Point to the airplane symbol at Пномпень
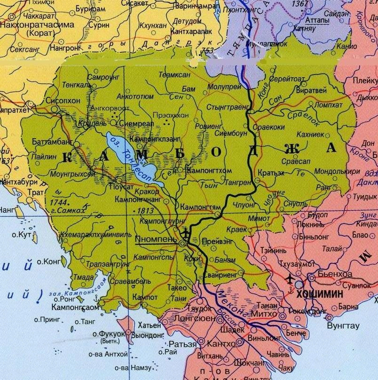[186, 232]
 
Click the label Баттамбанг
[52, 142]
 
